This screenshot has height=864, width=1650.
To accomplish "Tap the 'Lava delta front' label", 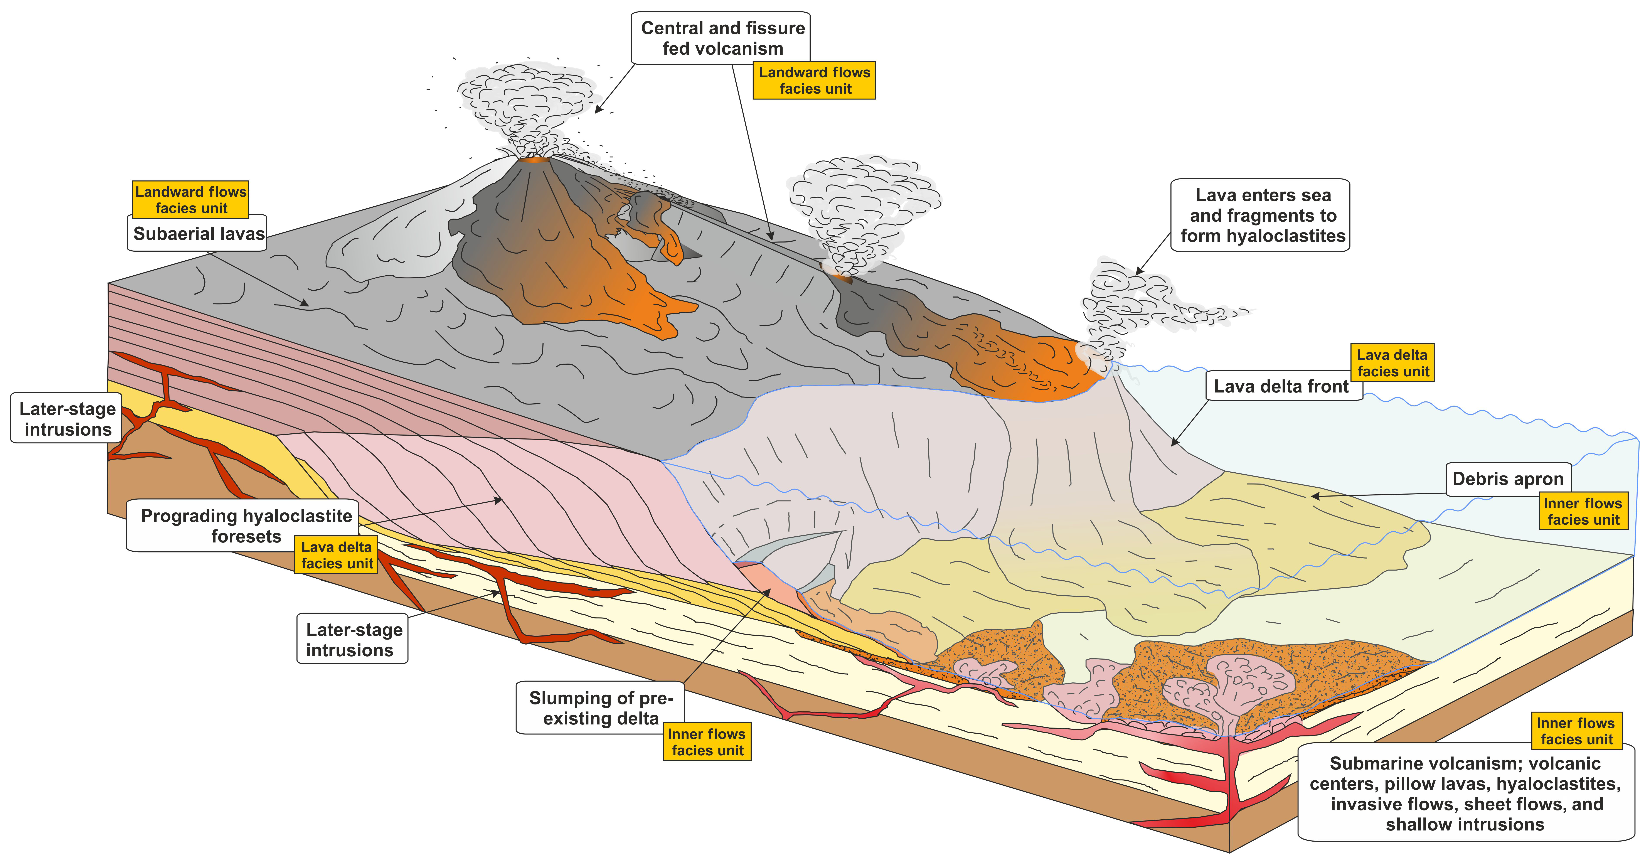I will (1281, 386).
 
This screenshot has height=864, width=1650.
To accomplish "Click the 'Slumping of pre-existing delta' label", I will (600, 708).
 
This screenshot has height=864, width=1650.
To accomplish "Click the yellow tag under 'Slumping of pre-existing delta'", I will (707, 742).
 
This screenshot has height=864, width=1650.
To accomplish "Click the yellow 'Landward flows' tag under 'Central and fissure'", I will (814, 81).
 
